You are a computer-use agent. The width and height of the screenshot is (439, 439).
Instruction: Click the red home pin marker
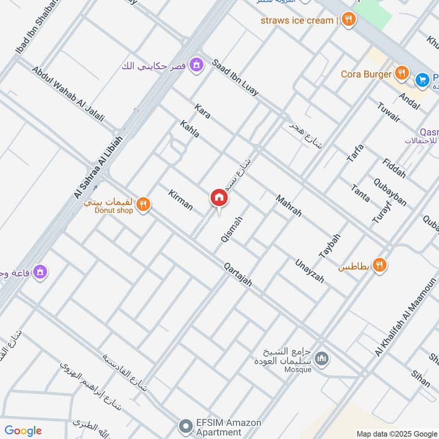218,198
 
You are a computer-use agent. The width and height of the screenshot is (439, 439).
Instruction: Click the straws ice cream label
298,20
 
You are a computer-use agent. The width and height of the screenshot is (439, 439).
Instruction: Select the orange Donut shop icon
143,205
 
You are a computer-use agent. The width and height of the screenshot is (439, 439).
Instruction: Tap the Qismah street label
231,229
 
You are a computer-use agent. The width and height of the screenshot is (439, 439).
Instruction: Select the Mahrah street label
289,206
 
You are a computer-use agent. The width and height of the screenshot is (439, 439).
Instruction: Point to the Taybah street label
330,246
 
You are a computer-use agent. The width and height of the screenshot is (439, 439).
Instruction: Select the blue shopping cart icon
421,80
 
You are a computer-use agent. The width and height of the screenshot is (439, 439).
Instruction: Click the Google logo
23,431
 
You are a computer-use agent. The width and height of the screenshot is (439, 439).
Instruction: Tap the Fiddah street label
395,168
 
